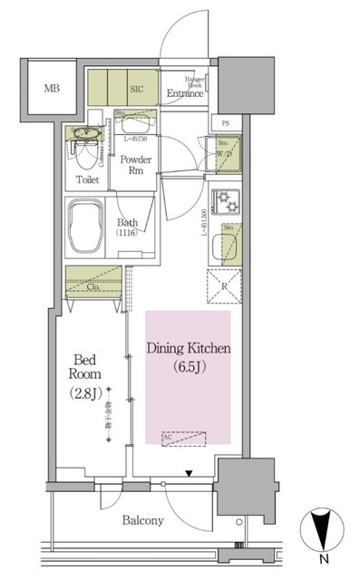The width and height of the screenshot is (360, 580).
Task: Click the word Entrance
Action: click(x=184, y=93)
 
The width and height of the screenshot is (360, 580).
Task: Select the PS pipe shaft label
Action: click(x=225, y=122)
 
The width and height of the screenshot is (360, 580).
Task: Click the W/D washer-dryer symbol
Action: click(x=227, y=156)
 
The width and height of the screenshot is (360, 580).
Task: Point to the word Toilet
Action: click(x=88, y=179)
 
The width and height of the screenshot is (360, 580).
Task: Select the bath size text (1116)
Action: click(x=127, y=234)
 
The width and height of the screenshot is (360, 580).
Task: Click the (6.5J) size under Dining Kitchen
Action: click(x=188, y=366)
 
